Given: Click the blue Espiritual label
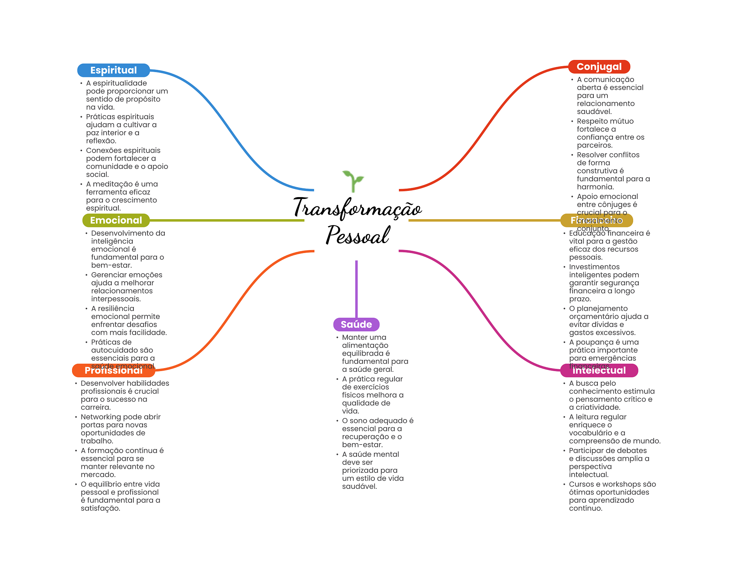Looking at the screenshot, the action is point(113,70).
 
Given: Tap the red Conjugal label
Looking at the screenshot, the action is point(599,67).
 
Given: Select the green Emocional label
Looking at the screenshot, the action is point(116,220).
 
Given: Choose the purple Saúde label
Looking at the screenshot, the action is point(356,324).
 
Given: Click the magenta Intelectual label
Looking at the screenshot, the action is point(599,370).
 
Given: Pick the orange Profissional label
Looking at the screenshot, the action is point(113,370).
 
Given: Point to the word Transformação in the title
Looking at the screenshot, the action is point(357,208).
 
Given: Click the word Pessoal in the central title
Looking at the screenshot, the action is point(357,235).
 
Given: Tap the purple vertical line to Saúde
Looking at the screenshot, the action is point(356,289).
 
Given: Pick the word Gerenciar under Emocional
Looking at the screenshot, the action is point(108,275).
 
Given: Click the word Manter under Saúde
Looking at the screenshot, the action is point(354,337).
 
